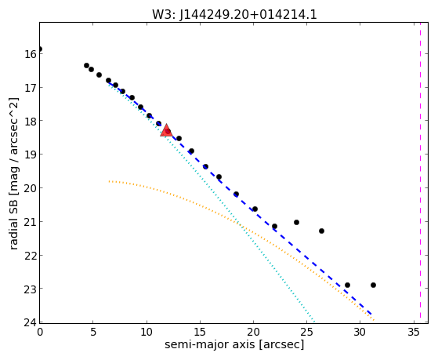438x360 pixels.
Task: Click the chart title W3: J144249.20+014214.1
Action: [234, 14]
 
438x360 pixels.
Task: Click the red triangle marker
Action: [166, 131]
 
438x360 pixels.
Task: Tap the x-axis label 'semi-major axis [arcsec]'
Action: [234, 344]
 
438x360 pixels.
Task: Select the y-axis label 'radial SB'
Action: [13, 224]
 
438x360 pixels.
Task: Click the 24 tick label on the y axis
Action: [31, 323]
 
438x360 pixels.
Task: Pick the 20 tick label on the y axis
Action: [31, 188]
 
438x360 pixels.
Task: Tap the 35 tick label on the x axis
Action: [414, 333]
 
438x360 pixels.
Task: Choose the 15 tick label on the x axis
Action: [200, 333]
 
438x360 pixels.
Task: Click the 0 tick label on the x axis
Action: [40, 333]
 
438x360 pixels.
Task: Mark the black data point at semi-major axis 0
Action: [40, 49]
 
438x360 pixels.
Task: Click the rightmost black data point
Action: [373, 285]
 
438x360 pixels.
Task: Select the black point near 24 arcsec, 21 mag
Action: [296, 223]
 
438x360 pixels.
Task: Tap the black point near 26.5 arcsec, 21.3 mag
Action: [321, 231]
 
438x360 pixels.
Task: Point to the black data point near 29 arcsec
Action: [347, 285]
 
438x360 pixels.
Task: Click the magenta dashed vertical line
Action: [420, 173]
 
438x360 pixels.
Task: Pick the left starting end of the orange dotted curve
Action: [109, 181]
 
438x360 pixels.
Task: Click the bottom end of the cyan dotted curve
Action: [314, 322]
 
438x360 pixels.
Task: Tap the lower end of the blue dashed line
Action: [371, 315]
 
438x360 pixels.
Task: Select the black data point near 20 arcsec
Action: [255, 209]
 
